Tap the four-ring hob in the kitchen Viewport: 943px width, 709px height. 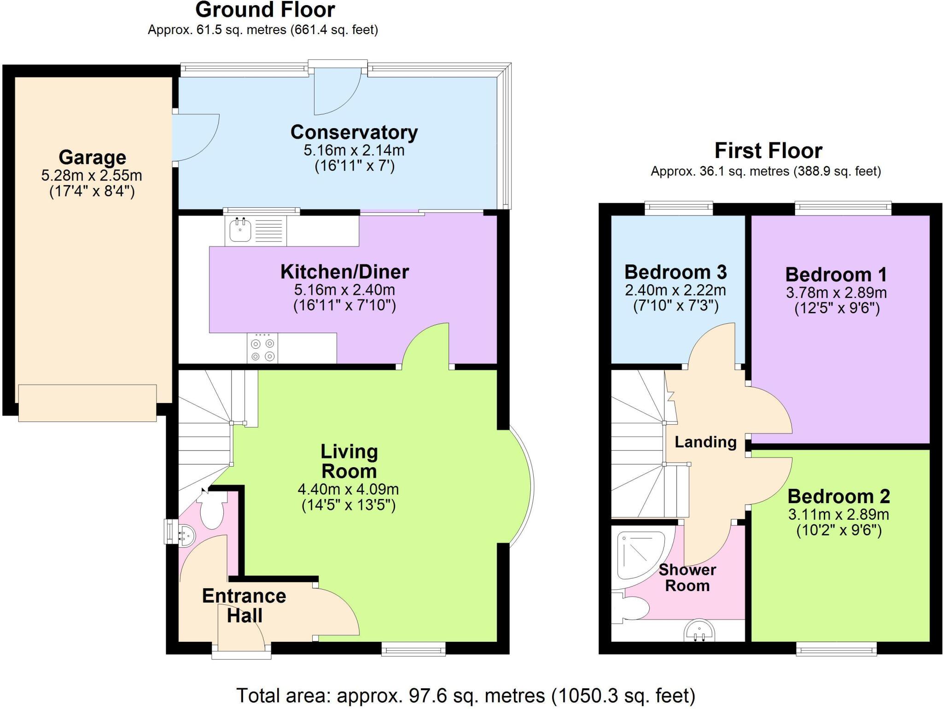click(x=262, y=349)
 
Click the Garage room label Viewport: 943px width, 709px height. click(x=92, y=158)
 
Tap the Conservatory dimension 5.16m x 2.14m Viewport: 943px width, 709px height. click(x=354, y=150)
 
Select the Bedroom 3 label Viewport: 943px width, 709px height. click(x=675, y=272)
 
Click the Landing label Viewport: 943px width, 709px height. click(x=705, y=442)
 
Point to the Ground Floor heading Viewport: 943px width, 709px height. click(x=265, y=10)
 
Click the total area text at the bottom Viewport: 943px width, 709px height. click(x=465, y=696)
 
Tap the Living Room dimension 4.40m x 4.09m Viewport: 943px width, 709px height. click(x=348, y=489)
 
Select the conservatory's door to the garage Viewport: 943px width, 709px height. click(x=196, y=137)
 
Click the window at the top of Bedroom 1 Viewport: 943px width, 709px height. click(x=843, y=209)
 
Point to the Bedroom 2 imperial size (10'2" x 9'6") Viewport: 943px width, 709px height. click(x=838, y=531)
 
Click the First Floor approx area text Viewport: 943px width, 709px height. click(x=765, y=171)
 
